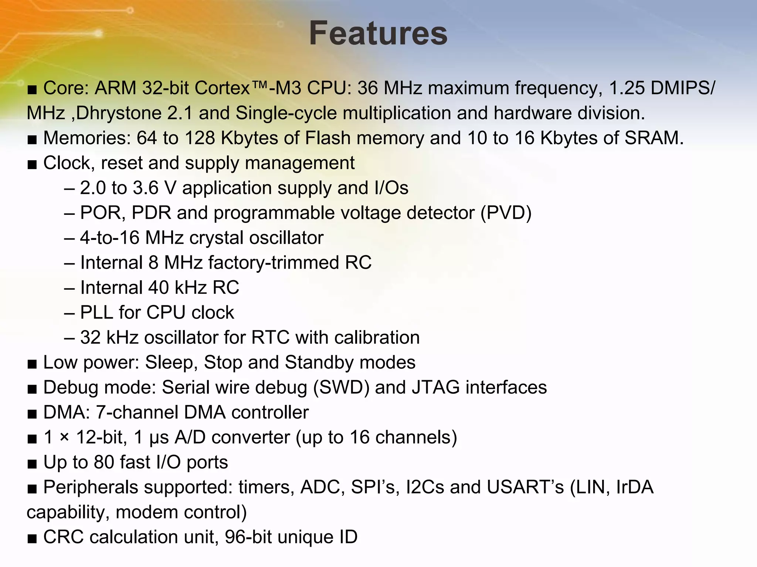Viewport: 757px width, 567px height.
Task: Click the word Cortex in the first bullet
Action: (x=223, y=88)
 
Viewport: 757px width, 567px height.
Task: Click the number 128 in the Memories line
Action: (x=200, y=138)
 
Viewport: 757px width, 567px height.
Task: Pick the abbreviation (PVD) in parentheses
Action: (x=506, y=213)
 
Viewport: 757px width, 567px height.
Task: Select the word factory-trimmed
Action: (x=274, y=263)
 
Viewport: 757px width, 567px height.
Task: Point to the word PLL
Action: (x=96, y=313)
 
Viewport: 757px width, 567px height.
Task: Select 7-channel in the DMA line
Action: (x=137, y=412)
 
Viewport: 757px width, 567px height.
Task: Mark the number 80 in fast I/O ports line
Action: (x=104, y=462)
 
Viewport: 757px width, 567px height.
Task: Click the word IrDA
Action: (x=635, y=487)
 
